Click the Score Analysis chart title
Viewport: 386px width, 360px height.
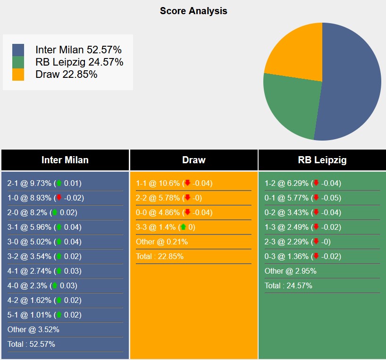pos(193,11)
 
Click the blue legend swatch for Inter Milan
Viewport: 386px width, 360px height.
pos(18,50)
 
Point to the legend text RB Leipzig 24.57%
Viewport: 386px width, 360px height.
pos(79,62)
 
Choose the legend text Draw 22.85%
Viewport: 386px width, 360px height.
pos(66,74)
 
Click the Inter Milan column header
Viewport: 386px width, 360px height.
pos(65,160)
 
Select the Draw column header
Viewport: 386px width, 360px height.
pos(193,160)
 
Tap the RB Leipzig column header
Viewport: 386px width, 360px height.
pos(322,160)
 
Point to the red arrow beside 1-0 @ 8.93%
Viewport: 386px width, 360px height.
pos(59,198)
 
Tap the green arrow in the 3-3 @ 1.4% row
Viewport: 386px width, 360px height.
pos(183,227)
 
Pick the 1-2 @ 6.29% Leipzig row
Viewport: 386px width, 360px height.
pos(302,183)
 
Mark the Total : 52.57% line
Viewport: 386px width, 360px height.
pos(31,344)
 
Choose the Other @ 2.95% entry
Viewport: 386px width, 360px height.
pos(291,271)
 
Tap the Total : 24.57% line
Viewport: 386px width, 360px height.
pos(288,285)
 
